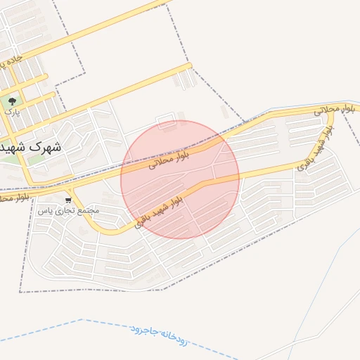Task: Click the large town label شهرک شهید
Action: (31, 148)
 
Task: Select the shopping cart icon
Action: (67, 200)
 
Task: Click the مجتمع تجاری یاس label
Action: (68, 210)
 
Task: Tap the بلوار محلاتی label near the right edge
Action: (335, 109)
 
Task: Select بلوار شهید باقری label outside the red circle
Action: (314, 155)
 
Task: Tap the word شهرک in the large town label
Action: (48, 148)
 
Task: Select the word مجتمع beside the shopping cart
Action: (89, 210)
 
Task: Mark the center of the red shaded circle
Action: (180, 179)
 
